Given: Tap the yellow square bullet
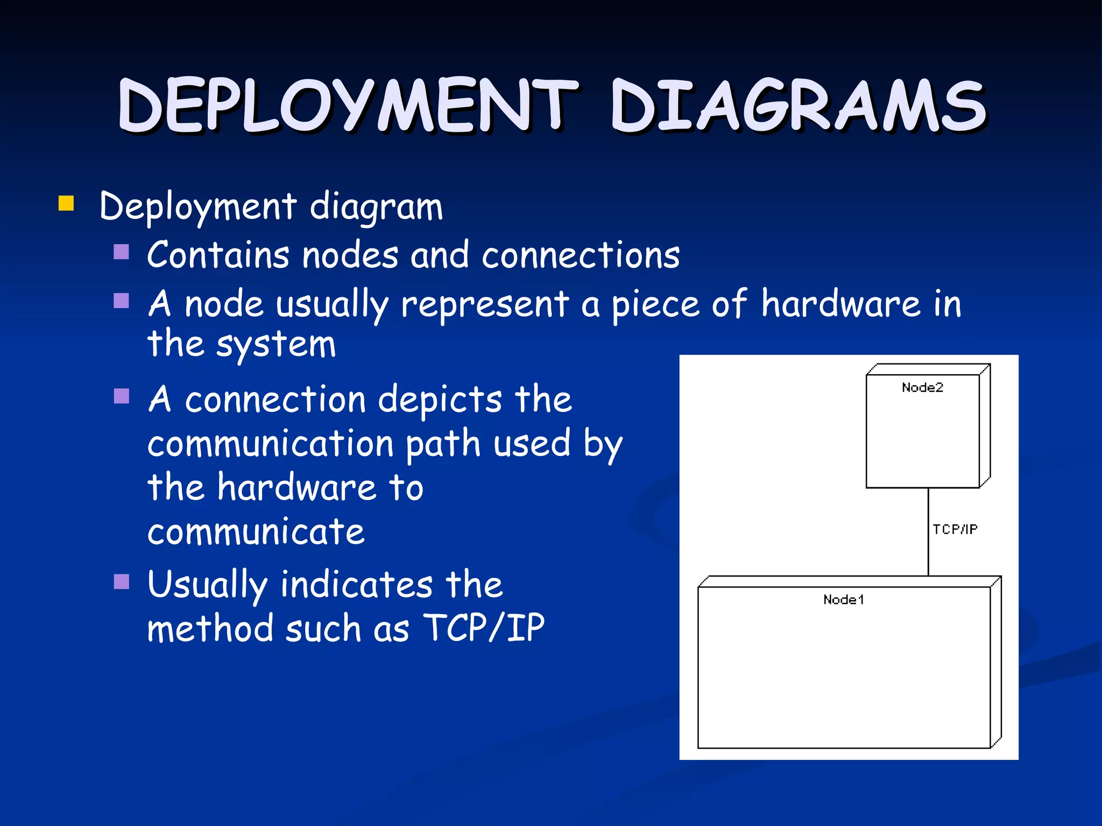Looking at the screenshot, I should (x=66, y=203).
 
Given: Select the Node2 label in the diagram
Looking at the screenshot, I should (x=922, y=387).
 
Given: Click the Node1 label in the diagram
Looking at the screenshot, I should (x=843, y=599).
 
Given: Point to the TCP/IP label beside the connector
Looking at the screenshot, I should (x=955, y=529).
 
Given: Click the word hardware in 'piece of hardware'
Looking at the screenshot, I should (x=841, y=304).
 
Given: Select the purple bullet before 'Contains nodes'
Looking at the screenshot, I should (x=122, y=252).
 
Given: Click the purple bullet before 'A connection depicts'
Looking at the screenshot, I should (x=122, y=396).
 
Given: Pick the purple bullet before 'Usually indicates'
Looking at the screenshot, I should (x=122, y=581).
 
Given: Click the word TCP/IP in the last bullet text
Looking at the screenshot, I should (x=484, y=628).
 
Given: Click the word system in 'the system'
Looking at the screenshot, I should (x=276, y=344).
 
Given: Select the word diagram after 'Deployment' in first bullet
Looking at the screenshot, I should (x=376, y=207).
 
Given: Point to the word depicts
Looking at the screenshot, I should (x=440, y=400).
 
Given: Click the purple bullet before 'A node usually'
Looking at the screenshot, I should (x=122, y=300).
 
